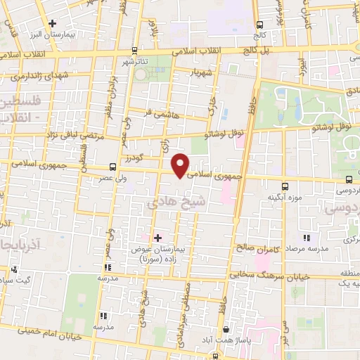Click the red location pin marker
tap(181, 165)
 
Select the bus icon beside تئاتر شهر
tap(134, 51)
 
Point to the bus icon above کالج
tap(261, 24)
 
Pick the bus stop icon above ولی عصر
tap(112, 167)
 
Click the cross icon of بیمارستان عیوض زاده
tap(157, 238)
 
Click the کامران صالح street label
tap(259, 248)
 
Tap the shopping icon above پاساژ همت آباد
tap(224, 329)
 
